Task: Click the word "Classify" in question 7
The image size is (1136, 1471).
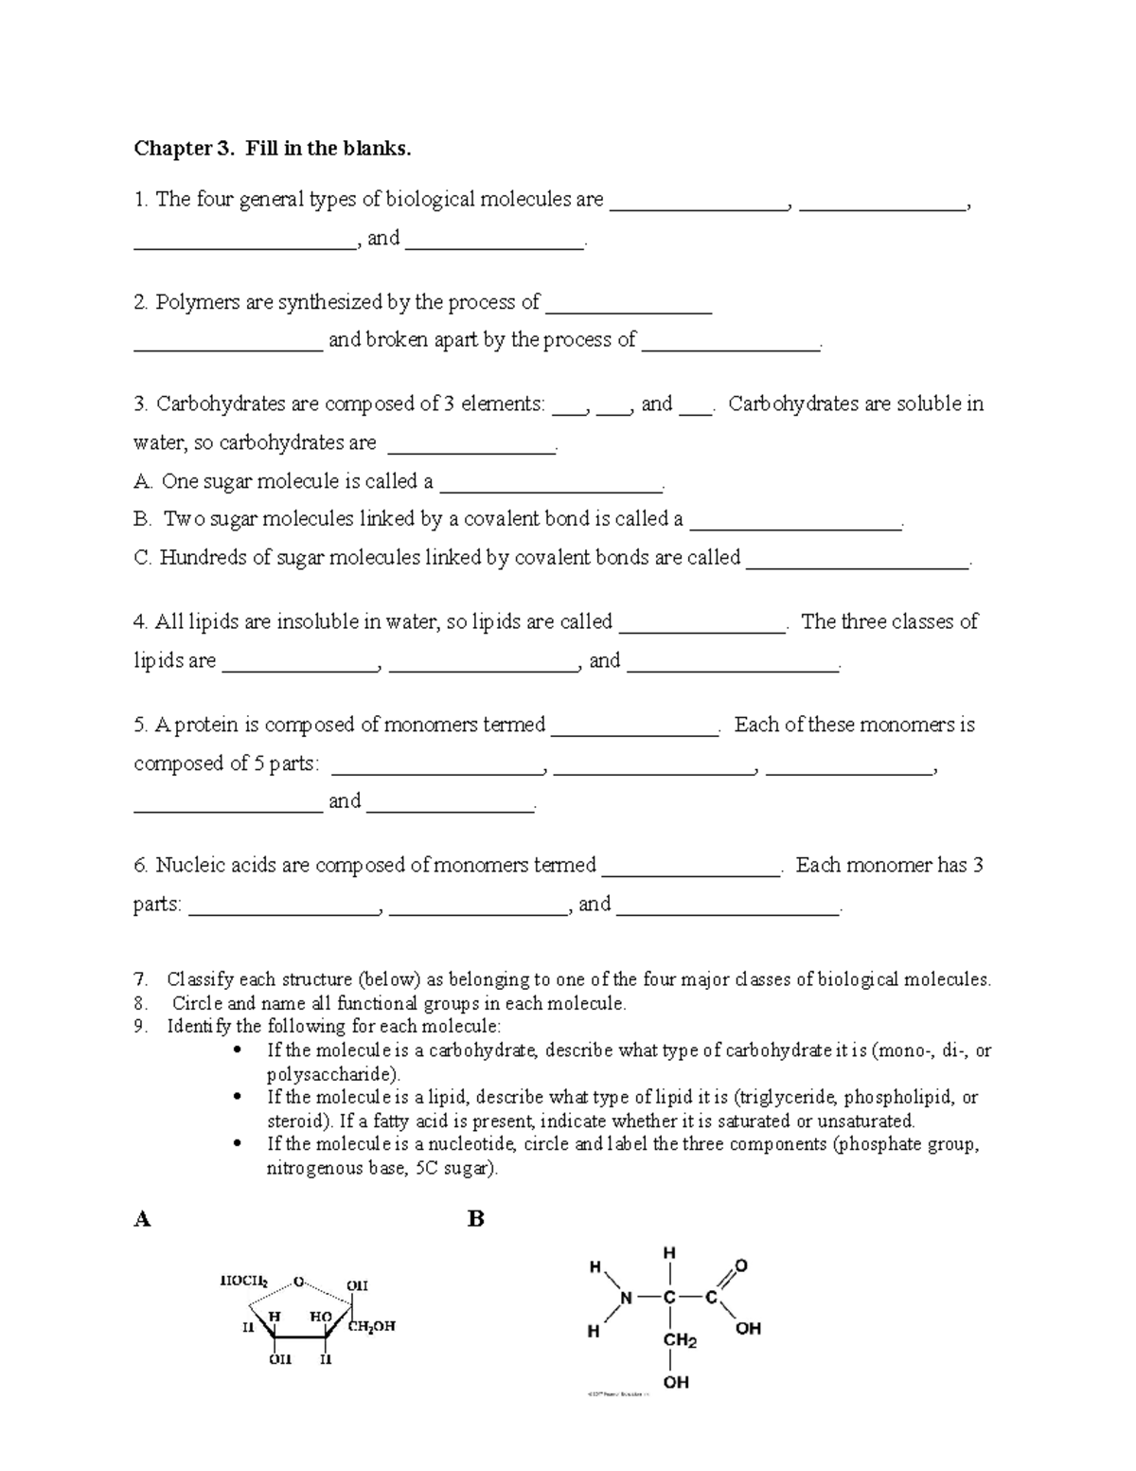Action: point(200,980)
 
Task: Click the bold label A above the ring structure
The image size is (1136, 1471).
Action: point(142,1219)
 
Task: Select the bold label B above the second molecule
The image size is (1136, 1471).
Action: point(476,1219)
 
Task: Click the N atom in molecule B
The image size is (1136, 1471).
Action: point(626,1298)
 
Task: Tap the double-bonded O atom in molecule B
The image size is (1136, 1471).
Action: point(741,1265)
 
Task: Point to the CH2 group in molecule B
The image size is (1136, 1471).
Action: point(680,1341)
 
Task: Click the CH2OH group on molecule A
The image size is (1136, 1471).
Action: point(371,1326)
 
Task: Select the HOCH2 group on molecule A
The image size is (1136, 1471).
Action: point(243,1281)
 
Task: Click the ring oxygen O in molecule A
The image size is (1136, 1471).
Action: point(298,1282)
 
